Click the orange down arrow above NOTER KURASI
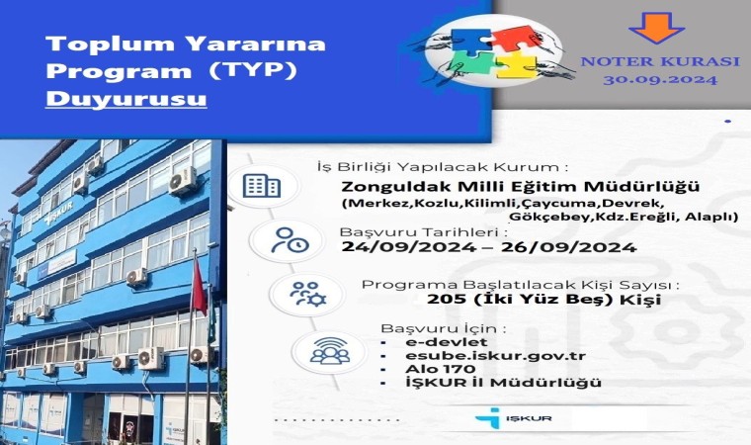tap(656, 27)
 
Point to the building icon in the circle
tap(261, 186)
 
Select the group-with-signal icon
tap(330, 351)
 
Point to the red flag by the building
tap(201, 287)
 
